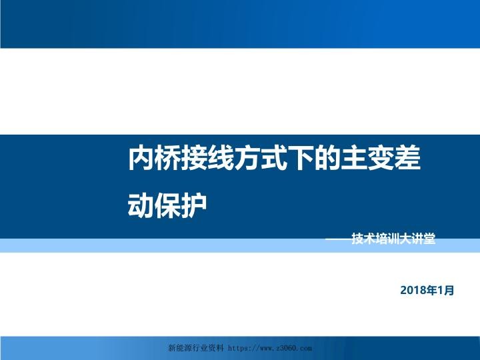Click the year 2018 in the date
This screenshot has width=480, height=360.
(x=413, y=291)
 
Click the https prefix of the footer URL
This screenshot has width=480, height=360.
(x=240, y=348)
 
